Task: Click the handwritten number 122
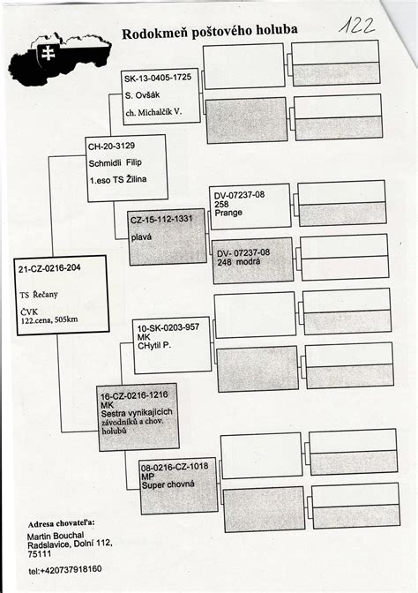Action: click(356, 26)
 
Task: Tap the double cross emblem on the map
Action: click(48, 53)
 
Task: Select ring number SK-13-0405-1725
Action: click(158, 78)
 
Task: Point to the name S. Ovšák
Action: click(143, 94)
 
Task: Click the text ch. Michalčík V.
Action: click(153, 112)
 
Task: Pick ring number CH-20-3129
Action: click(111, 146)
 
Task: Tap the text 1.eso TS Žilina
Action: click(118, 180)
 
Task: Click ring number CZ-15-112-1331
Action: click(161, 220)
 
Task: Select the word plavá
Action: click(141, 237)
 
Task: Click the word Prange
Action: click(228, 213)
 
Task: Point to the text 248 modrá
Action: click(238, 261)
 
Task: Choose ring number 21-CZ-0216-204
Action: click(49, 268)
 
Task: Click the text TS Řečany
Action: click(39, 295)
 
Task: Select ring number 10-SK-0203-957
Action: click(168, 327)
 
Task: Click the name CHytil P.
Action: click(154, 345)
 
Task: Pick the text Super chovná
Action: click(168, 484)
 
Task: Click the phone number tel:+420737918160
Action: click(65, 569)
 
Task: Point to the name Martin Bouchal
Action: click(56, 536)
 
